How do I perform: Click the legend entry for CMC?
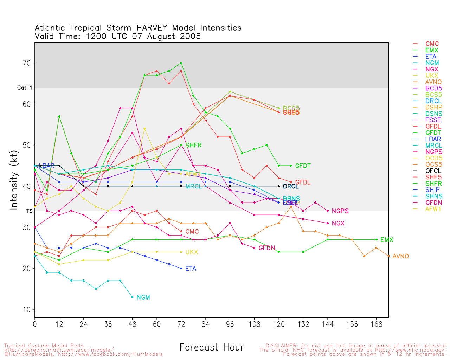click(x=432, y=44)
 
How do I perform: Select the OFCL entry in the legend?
click(x=433, y=171)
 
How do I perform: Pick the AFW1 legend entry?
click(x=433, y=209)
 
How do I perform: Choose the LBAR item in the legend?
click(x=433, y=139)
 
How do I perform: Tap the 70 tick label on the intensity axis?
click(x=27, y=63)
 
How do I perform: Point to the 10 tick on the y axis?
click(x=27, y=310)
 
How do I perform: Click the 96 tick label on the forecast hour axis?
click(x=230, y=324)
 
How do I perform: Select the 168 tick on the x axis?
click(x=377, y=324)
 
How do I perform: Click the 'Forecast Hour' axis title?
click(x=211, y=348)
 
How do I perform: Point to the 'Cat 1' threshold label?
click(x=25, y=88)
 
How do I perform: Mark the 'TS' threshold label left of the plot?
click(x=30, y=211)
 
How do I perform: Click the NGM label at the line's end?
click(x=143, y=297)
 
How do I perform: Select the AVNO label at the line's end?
click(x=401, y=256)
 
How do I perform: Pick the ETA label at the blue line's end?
click(x=191, y=269)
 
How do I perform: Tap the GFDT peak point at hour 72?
click(x=181, y=63)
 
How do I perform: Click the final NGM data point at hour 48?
click(x=132, y=297)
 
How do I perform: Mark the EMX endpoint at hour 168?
click(x=377, y=240)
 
